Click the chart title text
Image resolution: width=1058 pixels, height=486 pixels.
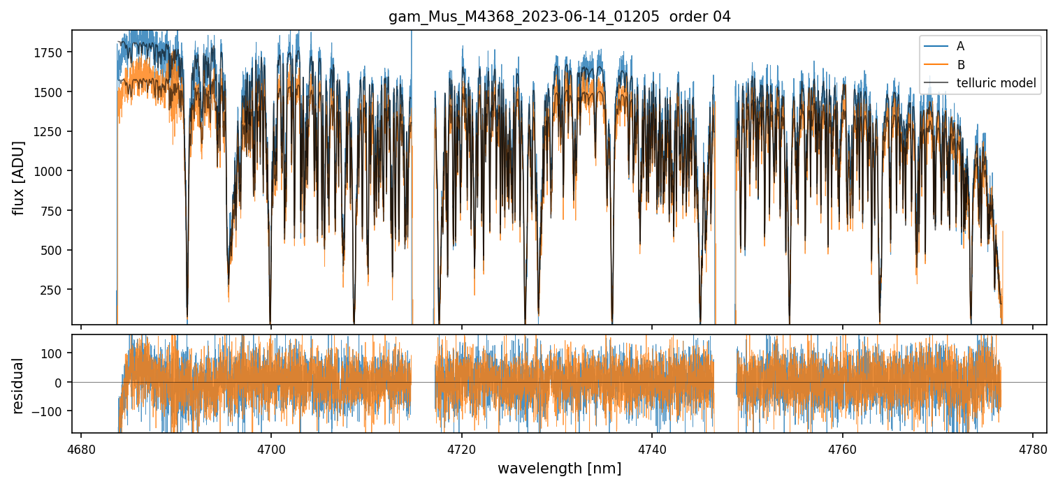pyautogui.click(x=559, y=17)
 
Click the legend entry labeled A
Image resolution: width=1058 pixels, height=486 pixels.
pyautogui.click(x=960, y=46)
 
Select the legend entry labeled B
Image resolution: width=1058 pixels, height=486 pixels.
pyautogui.click(x=960, y=65)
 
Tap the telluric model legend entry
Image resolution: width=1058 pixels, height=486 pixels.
pyautogui.click(x=996, y=84)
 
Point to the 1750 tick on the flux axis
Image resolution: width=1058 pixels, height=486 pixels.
pyautogui.click(x=52, y=53)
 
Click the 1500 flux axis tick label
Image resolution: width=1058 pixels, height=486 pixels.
pyautogui.click(x=52, y=92)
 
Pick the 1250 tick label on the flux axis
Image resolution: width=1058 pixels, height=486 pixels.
pyautogui.click(x=52, y=132)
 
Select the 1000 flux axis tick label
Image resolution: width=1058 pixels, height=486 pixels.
pyautogui.click(x=52, y=171)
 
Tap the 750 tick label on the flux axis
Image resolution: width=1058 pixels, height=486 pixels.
pyautogui.click(x=55, y=211)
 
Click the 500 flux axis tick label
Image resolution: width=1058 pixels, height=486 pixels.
pyautogui.click(x=55, y=250)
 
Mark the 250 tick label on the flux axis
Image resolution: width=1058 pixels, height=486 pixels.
pyautogui.click(x=55, y=290)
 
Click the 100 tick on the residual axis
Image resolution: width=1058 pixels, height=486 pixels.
pyautogui.click(x=55, y=353)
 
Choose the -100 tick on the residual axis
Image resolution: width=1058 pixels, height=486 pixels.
pyautogui.click(x=52, y=411)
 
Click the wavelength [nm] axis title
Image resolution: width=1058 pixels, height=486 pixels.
pyautogui.click(x=559, y=468)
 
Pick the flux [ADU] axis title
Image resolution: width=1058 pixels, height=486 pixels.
pyautogui.click(x=19, y=177)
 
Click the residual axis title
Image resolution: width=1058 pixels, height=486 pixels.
pyautogui.click(x=19, y=385)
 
